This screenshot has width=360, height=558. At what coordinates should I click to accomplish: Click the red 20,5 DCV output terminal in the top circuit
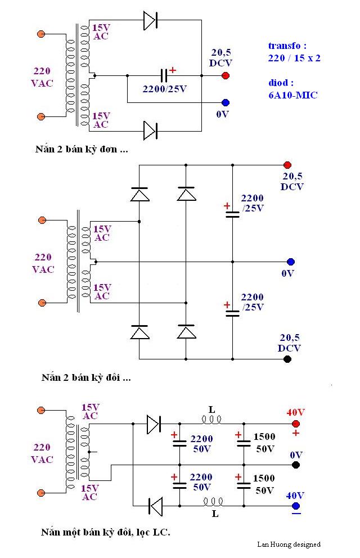(x=226, y=75)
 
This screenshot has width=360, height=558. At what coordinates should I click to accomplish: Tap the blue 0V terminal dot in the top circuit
(x=226, y=102)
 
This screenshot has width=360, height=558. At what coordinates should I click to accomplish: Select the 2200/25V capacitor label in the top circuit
(x=164, y=88)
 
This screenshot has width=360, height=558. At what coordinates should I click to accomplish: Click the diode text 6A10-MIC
(x=292, y=95)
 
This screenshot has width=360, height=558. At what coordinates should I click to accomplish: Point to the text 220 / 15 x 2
(x=294, y=58)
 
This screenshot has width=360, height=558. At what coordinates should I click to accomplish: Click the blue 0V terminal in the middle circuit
(x=290, y=262)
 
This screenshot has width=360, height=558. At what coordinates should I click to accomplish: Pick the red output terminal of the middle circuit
(x=287, y=165)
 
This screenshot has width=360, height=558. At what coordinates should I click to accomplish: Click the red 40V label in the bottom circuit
(x=295, y=412)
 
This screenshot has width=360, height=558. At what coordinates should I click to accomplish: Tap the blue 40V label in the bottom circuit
(x=295, y=496)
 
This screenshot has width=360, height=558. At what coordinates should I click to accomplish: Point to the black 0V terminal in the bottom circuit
(x=296, y=465)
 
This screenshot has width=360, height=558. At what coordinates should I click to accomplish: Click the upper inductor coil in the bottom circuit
(x=211, y=419)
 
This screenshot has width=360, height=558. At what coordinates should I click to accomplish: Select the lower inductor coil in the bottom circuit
(x=213, y=501)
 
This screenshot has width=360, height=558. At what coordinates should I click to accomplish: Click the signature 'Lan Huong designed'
(x=289, y=544)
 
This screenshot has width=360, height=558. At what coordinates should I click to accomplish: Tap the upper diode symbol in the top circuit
(x=150, y=21)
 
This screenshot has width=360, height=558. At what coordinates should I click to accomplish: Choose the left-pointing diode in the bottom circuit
(x=155, y=506)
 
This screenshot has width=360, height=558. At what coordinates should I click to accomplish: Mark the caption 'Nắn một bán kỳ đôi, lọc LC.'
(x=105, y=532)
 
